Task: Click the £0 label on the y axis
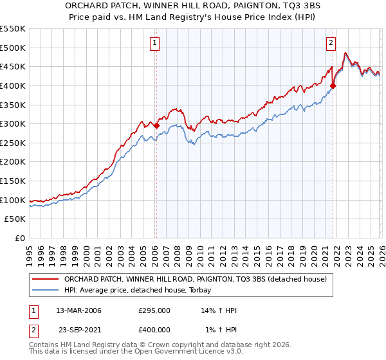tap(19, 239)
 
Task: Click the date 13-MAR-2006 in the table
tap(78, 310)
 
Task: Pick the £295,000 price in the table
tap(154, 310)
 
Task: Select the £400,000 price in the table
tap(154, 330)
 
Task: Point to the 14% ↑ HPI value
tap(219, 310)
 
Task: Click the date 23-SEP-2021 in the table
tap(80, 330)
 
